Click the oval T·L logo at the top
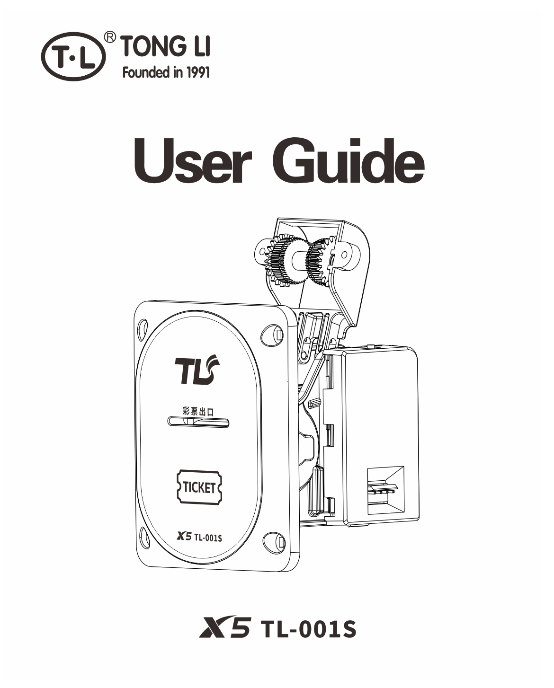73,56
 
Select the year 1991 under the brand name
198,72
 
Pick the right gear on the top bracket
320,261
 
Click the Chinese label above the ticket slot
198,411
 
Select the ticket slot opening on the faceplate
198,422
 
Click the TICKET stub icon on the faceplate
199,487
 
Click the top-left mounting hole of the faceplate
143,329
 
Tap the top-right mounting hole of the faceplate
272,335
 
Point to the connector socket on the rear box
385,490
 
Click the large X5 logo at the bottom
224,628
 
